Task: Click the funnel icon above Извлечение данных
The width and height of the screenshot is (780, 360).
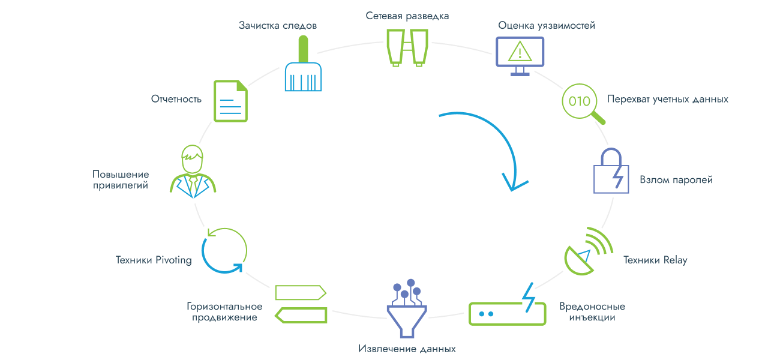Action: tap(407, 308)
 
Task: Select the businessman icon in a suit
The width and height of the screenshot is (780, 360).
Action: tap(193, 170)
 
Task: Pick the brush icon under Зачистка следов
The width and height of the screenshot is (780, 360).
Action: tap(303, 66)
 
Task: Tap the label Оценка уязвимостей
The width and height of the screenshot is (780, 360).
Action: tap(547, 26)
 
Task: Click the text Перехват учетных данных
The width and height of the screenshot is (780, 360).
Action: tap(667, 100)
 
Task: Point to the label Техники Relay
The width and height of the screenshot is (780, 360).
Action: tap(655, 260)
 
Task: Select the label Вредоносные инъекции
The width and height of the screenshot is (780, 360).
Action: tap(592, 311)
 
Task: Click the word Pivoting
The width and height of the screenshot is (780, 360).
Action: tap(173, 260)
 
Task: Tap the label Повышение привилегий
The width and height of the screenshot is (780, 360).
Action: tap(121, 180)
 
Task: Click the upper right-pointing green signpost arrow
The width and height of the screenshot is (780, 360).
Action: tap(300, 292)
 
